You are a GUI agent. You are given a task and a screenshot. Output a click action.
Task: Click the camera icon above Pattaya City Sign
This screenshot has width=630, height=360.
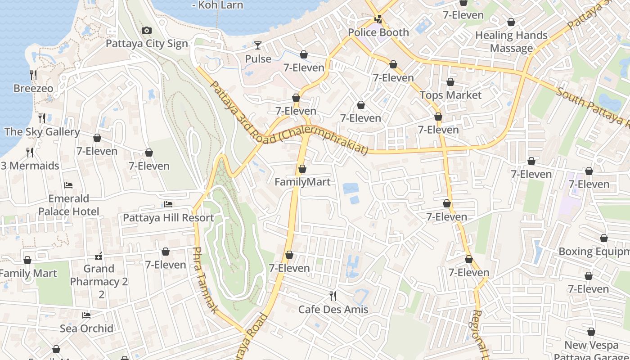pos(146,31)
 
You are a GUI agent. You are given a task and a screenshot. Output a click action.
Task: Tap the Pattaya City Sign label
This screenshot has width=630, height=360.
pos(147,44)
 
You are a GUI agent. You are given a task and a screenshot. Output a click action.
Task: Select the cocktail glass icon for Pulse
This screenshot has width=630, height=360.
pos(258,45)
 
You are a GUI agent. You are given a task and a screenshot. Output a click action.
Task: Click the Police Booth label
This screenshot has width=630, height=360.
pos(378,32)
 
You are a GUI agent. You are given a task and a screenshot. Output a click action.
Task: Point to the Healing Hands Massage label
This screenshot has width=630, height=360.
pos(511,42)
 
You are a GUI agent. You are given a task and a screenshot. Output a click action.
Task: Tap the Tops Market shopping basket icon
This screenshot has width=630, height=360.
pos(450,82)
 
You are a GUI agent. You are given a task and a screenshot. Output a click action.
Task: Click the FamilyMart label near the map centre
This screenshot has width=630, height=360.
pos(302,182)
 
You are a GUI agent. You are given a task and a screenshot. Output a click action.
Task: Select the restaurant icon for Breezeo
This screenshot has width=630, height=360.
pos(33,75)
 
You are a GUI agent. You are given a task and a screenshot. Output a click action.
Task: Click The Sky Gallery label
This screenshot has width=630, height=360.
pos(42,132)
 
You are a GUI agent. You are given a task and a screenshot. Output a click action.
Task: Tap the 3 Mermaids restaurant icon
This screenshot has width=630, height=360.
pos(30,153)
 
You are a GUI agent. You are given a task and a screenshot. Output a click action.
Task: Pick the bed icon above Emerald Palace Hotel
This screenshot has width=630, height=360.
pos(68,185)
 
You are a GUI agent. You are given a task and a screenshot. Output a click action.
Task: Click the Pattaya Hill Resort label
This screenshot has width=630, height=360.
pos(168,218)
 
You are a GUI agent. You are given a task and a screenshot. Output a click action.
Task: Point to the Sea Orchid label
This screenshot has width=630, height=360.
pos(86,328)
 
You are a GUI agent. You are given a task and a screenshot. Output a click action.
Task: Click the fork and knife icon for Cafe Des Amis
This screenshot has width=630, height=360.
pos(333,296)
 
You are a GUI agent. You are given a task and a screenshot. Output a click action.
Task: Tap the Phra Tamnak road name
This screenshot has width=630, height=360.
pos(206,280)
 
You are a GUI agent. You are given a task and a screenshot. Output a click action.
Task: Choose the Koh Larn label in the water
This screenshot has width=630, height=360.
pos(217,5)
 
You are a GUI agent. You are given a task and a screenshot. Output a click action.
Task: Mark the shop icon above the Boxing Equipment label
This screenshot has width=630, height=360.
pos(603,238)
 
